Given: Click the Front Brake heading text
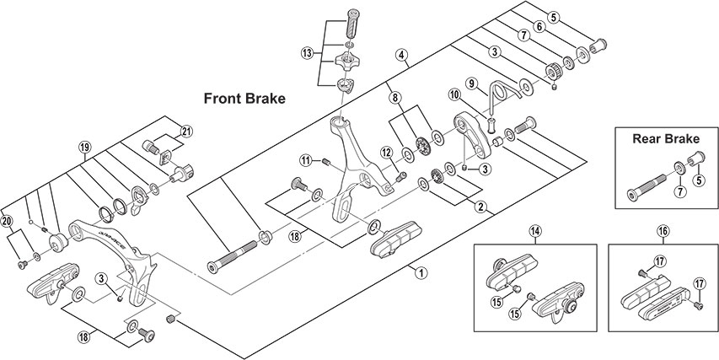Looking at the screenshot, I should tap(244, 98).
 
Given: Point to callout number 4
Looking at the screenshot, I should tap(402, 56).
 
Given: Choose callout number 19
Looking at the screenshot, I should tap(84, 146).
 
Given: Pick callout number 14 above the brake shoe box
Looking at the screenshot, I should tap(534, 230).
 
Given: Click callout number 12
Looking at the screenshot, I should tap(385, 152).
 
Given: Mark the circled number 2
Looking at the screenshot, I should tap(480, 206).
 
